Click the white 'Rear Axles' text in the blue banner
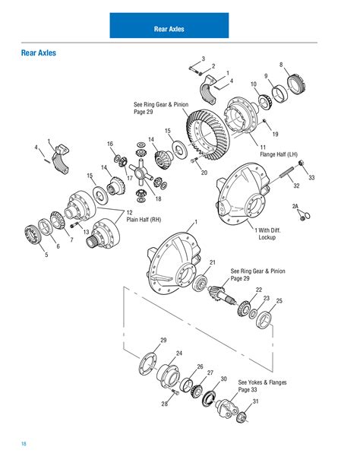tap(169, 30)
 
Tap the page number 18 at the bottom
tap(24, 444)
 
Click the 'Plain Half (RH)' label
tap(144, 219)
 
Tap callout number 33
tap(311, 177)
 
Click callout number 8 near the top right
tap(281, 65)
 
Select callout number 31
tap(256, 401)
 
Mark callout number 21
tap(213, 262)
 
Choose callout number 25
tap(279, 302)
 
